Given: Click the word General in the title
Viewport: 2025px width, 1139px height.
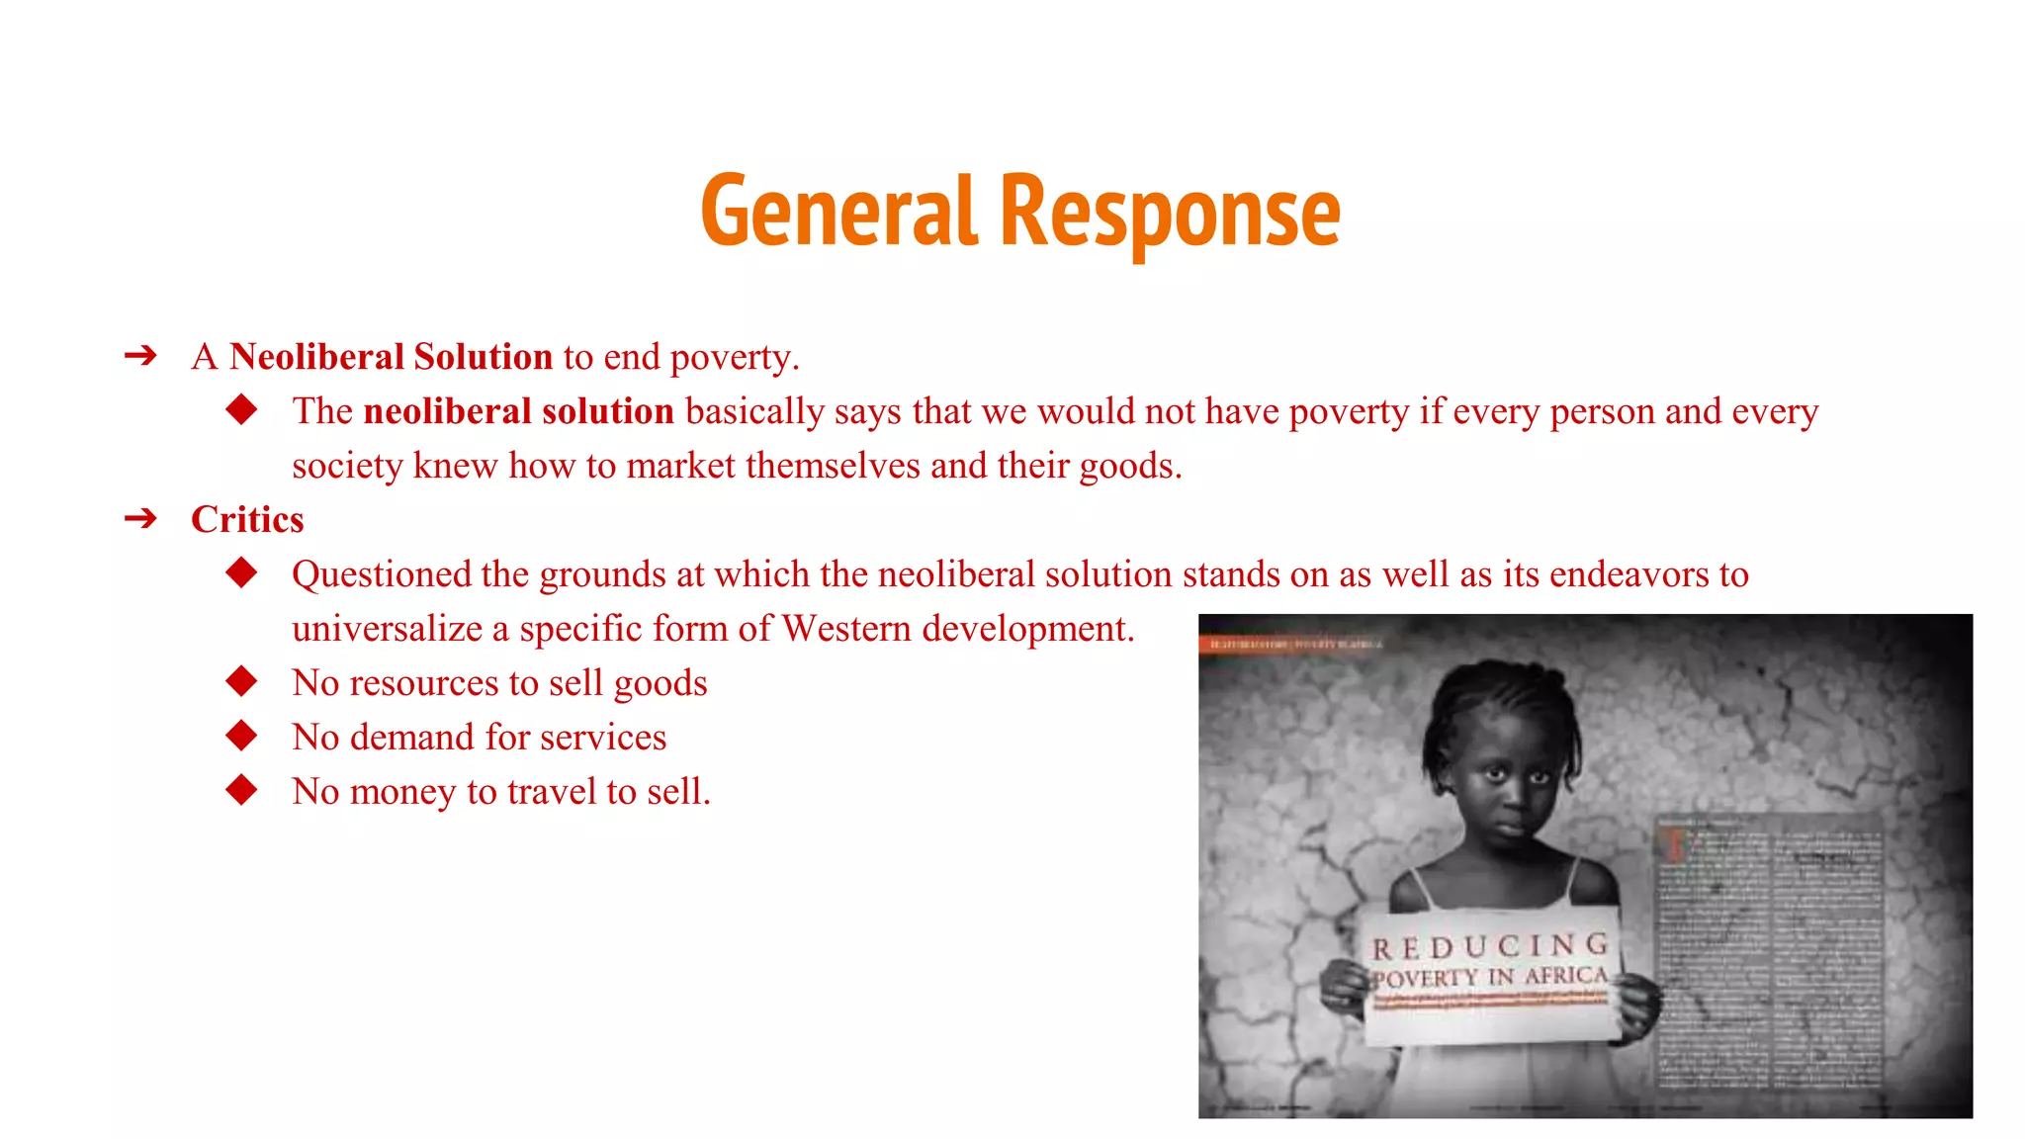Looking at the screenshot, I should pos(839,212).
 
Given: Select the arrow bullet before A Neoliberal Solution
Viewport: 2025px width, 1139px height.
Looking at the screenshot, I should pos(141,356).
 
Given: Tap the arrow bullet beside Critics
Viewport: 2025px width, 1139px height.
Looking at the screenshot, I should pos(141,518).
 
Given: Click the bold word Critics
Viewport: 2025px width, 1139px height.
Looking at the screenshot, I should pos(247,520).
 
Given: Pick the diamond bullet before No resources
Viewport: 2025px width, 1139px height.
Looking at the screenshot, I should pos(241,681).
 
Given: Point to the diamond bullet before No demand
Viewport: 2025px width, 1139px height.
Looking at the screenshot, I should pos(241,736).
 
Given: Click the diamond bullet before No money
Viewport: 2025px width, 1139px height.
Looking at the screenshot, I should pos(241,790).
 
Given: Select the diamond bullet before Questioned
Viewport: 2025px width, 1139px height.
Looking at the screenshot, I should pos(241,572).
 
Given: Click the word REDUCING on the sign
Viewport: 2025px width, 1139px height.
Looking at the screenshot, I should pos(1489,947).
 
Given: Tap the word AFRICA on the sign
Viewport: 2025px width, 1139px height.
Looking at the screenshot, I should pos(1566,976).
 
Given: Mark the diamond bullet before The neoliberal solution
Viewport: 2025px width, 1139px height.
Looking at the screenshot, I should pos(241,409).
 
